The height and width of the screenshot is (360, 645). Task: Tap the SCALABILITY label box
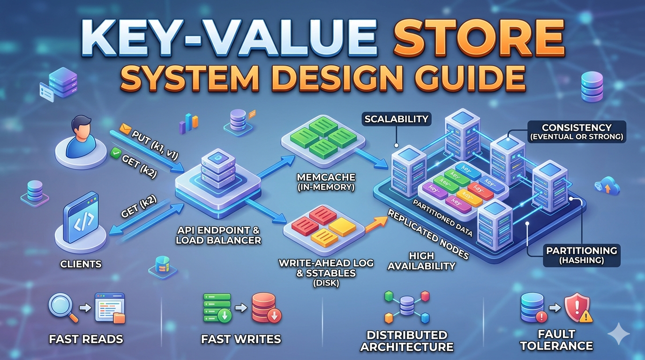396,119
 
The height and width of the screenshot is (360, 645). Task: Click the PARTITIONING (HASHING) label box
582,255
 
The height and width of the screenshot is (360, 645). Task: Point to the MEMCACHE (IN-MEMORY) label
326,182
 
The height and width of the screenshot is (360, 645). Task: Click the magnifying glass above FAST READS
62,308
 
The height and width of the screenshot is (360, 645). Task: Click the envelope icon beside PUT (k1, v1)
125,129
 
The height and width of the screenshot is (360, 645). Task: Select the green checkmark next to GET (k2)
115,153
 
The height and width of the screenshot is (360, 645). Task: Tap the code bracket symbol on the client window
83,221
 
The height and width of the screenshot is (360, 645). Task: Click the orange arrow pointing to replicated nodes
376,225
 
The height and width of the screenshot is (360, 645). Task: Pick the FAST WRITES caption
241,339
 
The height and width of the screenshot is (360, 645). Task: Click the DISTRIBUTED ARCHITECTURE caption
406,341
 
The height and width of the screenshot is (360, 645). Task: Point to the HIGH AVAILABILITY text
421,261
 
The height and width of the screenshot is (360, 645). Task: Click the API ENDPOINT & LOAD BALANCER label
218,235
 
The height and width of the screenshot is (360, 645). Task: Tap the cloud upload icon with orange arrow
607,187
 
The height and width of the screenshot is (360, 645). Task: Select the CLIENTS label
81,264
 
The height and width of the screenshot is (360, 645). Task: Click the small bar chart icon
188,124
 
